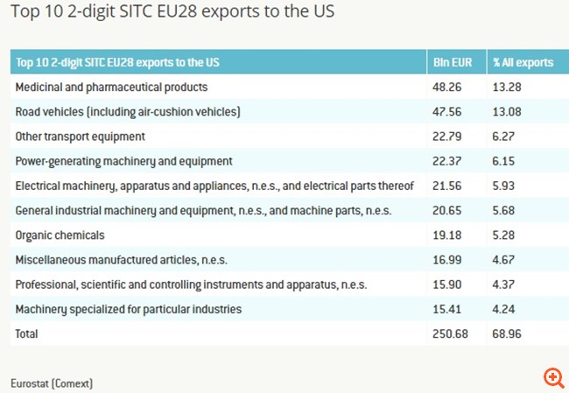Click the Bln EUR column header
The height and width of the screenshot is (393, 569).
coord(452,62)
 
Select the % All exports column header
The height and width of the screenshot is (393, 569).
coord(523,62)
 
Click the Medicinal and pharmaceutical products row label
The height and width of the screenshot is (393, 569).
coord(111,88)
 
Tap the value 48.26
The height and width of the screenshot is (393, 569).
coord(447,88)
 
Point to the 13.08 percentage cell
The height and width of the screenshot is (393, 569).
coord(508,112)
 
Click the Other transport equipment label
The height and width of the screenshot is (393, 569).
coord(80,137)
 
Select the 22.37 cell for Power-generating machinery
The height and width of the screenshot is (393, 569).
coord(447,161)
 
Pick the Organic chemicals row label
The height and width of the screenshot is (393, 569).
coord(60,235)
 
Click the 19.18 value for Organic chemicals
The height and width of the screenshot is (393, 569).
coord(447,235)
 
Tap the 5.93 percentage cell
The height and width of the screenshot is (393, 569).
coord(505,186)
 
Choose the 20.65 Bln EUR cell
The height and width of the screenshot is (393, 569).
coord(447,210)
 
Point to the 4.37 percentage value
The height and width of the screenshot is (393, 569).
coord(505,284)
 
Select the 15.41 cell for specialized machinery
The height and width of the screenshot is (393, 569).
coord(447,309)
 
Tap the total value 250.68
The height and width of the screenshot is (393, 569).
coord(450,333)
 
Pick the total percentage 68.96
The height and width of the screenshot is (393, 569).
coord(508,333)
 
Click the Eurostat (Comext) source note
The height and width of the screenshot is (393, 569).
coord(52,383)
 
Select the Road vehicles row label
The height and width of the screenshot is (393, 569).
coord(128,112)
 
